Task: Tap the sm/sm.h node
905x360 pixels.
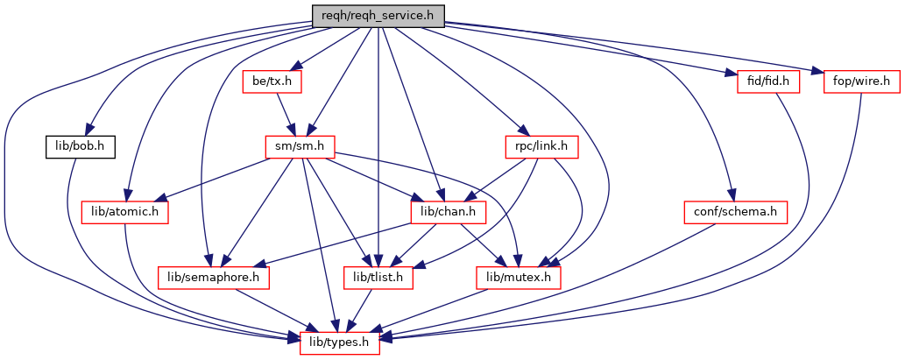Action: (x=300, y=146)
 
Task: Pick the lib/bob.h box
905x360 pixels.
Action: (x=78, y=146)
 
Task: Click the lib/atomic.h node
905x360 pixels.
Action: (x=124, y=211)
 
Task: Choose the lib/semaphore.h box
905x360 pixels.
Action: (x=214, y=278)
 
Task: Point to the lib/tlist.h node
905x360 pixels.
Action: (x=377, y=278)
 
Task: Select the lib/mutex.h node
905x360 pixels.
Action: (x=518, y=278)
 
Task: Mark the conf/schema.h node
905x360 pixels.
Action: (x=736, y=211)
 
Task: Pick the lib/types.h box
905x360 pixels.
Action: (x=340, y=342)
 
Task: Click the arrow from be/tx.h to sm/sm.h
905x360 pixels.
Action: (x=285, y=114)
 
